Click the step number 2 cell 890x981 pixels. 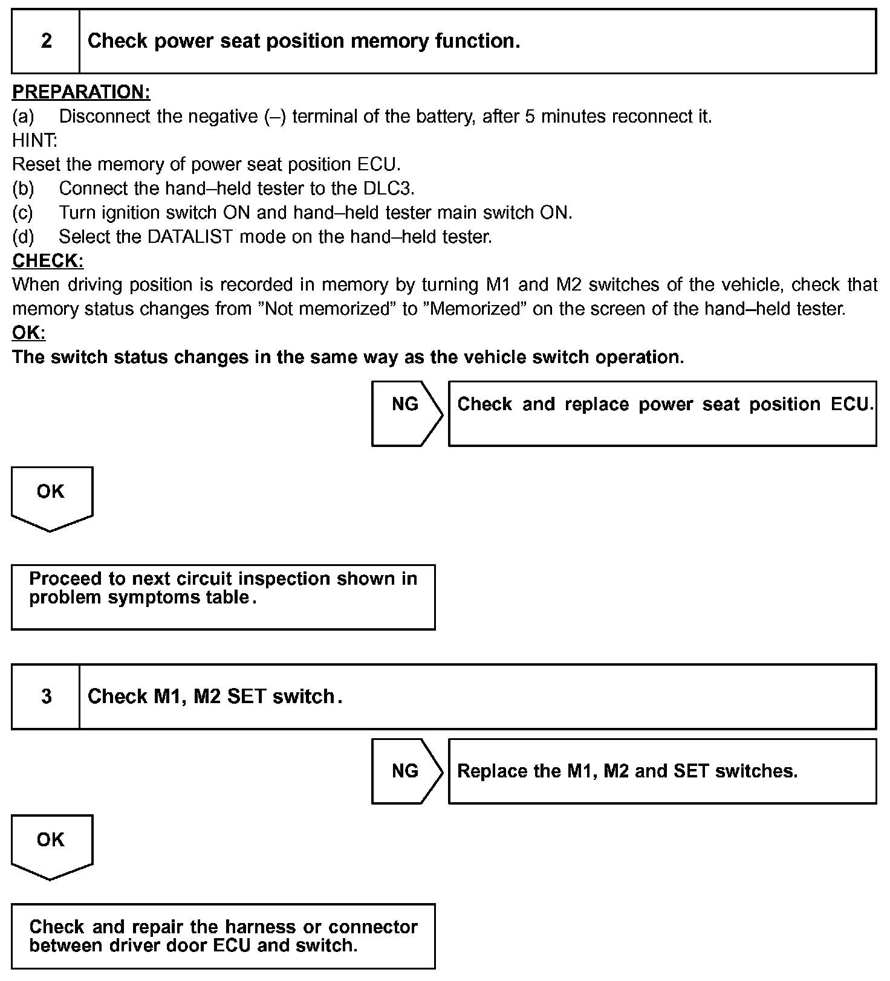[x=46, y=41]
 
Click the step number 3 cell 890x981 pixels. [x=46, y=696]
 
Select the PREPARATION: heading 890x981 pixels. [x=81, y=92]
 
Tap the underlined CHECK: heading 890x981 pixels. [x=48, y=261]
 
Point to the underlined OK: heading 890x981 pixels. [x=28, y=333]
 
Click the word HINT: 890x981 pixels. [x=34, y=140]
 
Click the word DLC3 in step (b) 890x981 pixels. [x=388, y=188]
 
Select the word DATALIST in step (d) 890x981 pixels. [x=190, y=237]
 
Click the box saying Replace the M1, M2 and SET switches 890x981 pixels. [x=662, y=771]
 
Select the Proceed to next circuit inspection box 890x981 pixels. [x=223, y=597]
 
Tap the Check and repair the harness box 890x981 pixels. [x=223, y=936]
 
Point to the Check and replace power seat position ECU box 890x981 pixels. [x=662, y=414]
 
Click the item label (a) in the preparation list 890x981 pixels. [x=23, y=116]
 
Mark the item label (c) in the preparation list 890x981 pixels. [x=23, y=213]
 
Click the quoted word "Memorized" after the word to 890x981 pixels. [x=475, y=309]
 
